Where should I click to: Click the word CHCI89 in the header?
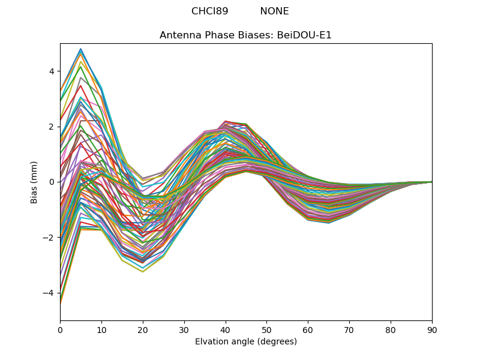point(209,11)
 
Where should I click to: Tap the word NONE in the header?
point(274,11)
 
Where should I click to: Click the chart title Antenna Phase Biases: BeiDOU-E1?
point(245,35)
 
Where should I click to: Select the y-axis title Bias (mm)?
point(34,182)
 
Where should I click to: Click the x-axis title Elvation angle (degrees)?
point(245,341)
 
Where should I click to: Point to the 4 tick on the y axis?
point(52,71)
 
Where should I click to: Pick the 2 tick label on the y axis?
point(52,127)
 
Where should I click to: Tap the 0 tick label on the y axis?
point(52,182)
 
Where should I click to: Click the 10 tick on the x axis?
point(101,329)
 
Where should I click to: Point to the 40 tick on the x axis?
point(226,329)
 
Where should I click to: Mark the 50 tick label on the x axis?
point(266,329)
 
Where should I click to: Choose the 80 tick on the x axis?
point(391,329)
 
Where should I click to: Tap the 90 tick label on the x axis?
point(432,329)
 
